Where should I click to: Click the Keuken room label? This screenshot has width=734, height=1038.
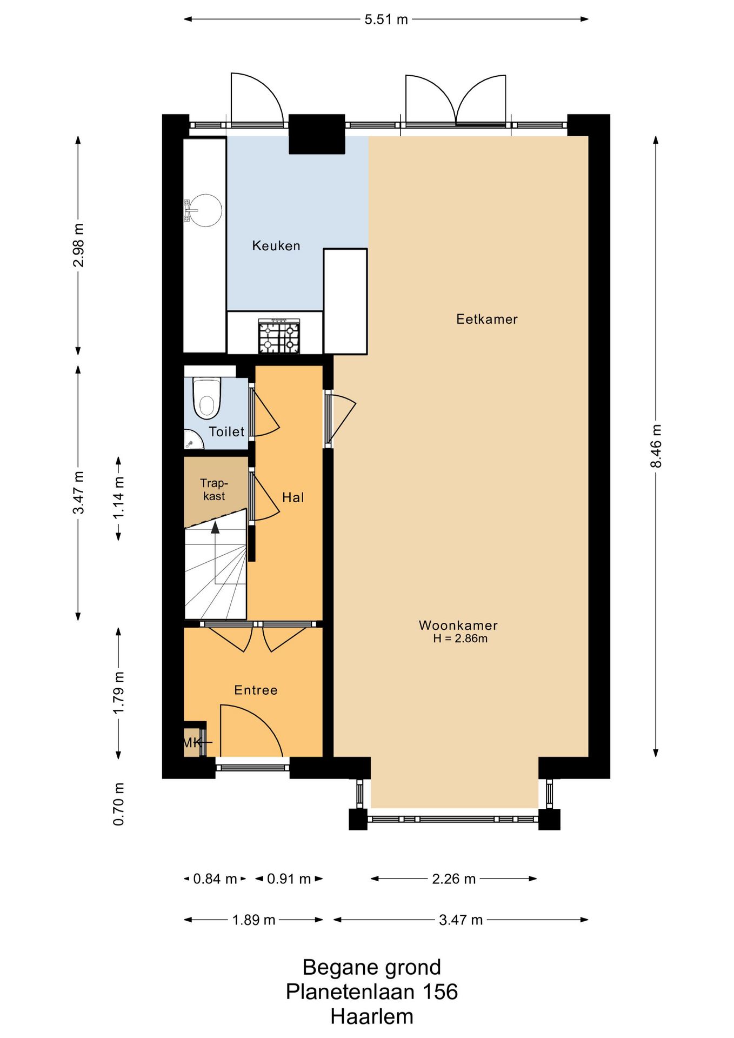[276, 246]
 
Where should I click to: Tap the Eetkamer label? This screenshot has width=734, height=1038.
[487, 319]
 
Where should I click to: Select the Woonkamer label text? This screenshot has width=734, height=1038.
[458, 626]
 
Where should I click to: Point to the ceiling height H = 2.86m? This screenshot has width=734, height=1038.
[460, 638]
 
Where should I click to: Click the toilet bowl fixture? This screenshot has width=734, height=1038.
[207, 398]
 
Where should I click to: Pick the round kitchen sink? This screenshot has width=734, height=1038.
[205, 210]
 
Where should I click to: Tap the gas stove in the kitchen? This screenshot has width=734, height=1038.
[279, 336]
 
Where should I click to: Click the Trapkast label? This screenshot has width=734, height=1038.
[214, 489]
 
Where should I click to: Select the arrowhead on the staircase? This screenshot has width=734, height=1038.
[215, 527]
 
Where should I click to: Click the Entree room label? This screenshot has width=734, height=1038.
[256, 690]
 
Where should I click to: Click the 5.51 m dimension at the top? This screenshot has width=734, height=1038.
[386, 19]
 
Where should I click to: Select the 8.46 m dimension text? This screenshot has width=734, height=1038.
[656, 446]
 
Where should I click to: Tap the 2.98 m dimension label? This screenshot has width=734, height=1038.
[78, 245]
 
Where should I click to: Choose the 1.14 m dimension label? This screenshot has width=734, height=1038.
[118, 498]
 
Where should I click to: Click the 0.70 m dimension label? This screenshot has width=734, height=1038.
[118, 804]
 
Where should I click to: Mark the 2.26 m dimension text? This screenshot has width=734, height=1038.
[453, 879]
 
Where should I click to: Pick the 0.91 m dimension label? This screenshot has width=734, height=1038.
[289, 879]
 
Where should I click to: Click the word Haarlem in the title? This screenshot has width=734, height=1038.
[372, 1017]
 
